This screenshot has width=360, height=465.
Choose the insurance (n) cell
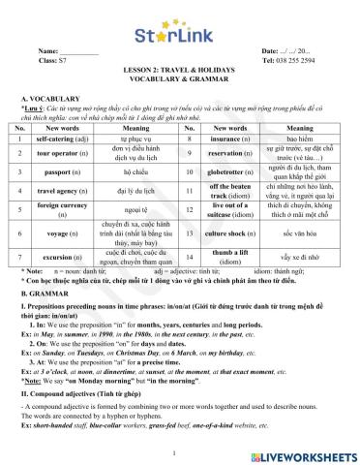(x=228, y=139)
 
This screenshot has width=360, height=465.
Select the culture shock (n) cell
(x=228, y=232)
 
